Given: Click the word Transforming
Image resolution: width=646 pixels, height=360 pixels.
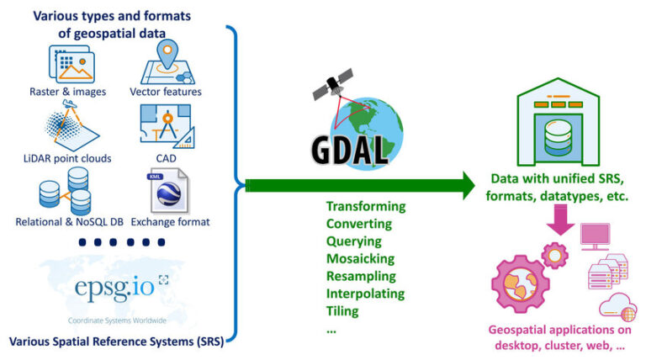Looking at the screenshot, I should pos(365,206).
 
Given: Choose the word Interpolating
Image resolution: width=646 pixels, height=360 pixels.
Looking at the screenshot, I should pos(365,294).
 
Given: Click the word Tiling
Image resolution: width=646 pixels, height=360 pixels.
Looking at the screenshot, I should pos(342,311).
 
